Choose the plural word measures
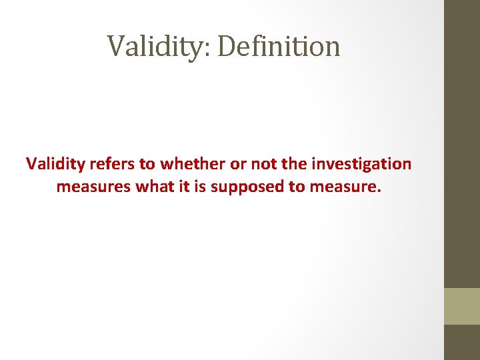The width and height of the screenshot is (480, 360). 93,187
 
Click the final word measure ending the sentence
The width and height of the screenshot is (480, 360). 345,187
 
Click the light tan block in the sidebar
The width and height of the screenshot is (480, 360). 462,306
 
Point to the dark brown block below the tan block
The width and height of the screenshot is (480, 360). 462,342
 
